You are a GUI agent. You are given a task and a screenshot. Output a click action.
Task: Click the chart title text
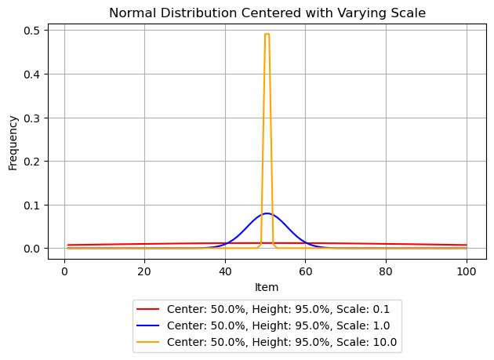(x=267, y=13)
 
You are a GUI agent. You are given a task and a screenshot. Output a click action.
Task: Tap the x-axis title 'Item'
(x=267, y=287)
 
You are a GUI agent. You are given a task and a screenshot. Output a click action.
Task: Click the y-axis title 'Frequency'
(x=13, y=142)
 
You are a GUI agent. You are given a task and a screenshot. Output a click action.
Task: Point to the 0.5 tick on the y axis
(x=34, y=31)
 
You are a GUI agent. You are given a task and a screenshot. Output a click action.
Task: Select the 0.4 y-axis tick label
(x=34, y=75)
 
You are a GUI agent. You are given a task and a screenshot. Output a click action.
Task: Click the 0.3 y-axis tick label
(x=34, y=118)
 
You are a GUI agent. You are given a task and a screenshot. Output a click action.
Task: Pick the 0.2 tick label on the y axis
(x=34, y=162)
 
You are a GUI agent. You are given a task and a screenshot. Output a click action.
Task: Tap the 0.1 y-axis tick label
(x=34, y=205)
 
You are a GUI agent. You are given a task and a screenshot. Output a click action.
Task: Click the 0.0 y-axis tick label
(x=34, y=249)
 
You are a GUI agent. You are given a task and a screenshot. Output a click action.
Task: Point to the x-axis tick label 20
(x=144, y=271)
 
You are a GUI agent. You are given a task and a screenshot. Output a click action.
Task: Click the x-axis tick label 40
(x=225, y=271)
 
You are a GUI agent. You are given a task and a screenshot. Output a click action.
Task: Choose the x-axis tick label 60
(x=306, y=271)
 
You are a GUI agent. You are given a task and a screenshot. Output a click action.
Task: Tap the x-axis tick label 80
(x=386, y=271)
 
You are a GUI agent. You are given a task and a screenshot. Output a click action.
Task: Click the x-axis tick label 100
(x=467, y=271)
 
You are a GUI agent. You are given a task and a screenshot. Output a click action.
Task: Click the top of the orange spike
(x=267, y=35)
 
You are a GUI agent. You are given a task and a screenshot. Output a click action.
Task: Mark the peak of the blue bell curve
(x=267, y=213)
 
